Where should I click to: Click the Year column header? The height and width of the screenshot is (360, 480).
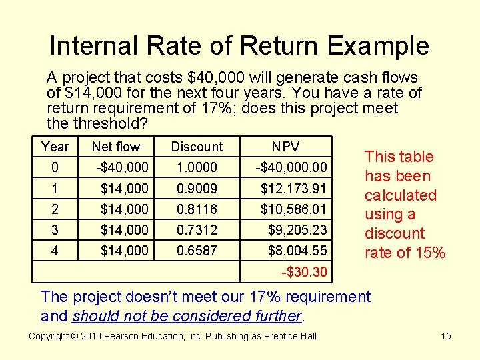point(55,147)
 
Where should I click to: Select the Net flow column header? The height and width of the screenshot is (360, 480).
point(116,147)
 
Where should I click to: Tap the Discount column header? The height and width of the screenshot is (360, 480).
point(197,147)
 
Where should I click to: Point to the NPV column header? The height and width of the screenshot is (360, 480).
point(286,147)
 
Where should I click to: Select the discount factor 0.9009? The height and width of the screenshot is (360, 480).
point(197,189)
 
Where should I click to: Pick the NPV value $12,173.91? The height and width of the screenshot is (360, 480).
point(294,189)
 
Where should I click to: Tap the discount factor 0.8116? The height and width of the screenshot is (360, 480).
point(197,209)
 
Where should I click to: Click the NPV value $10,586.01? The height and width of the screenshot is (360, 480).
point(294,209)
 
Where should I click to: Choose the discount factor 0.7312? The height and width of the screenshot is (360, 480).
point(197,230)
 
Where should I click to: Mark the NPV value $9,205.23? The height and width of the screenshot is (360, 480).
point(298,230)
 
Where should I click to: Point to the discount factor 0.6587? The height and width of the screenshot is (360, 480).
point(197,251)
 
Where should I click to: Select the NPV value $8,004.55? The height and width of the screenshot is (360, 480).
point(298,251)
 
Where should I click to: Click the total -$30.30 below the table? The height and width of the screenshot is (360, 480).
point(304,272)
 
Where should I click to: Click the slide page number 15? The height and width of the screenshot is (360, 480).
point(446,336)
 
